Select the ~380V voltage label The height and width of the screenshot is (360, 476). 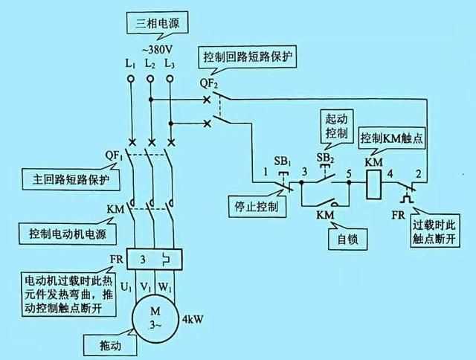(152, 51)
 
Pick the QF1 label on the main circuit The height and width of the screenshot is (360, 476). (114, 155)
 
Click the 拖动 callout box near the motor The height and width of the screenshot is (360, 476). (100, 347)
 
